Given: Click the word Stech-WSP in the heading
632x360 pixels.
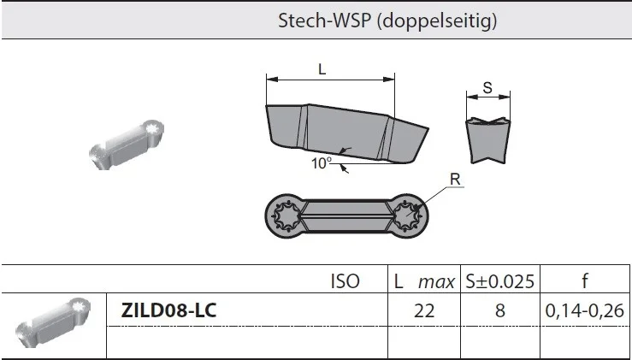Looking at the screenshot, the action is (x=324, y=21).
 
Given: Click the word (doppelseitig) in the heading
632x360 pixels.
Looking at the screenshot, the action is (x=437, y=21).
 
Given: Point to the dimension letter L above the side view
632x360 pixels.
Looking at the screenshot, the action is (x=322, y=69).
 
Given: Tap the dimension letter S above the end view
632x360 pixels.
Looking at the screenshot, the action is (x=487, y=87).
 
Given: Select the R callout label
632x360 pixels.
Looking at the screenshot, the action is (x=455, y=180).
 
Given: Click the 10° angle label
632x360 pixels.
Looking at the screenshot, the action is (x=322, y=162).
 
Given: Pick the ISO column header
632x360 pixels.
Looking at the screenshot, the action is (x=345, y=281).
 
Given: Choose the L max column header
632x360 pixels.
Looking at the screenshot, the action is (x=424, y=281).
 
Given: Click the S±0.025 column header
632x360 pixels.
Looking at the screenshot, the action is (x=499, y=281).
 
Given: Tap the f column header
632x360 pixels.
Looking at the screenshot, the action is (x=585, y=280).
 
